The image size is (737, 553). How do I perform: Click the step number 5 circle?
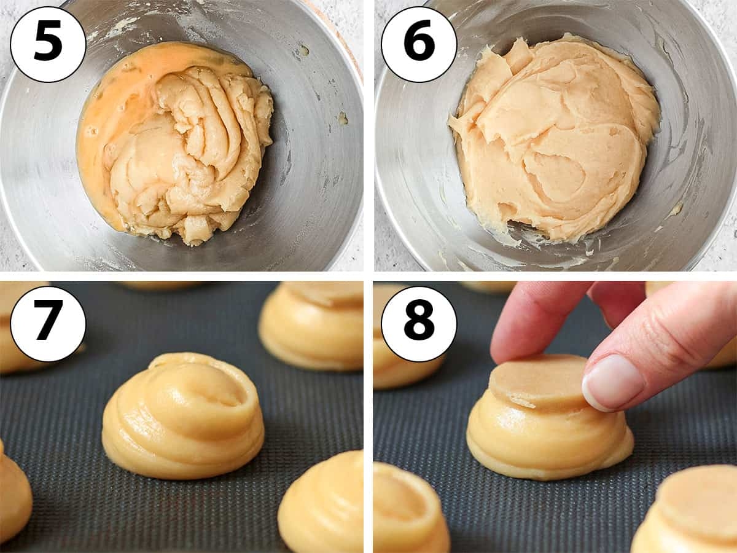48,44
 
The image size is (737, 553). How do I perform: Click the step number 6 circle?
419,44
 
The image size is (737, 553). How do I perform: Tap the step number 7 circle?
48,324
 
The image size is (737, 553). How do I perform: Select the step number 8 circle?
419,324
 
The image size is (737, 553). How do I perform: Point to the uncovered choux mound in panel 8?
408,510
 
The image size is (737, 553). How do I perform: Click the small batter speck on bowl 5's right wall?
343,118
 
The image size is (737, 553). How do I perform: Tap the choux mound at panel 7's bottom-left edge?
14,492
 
